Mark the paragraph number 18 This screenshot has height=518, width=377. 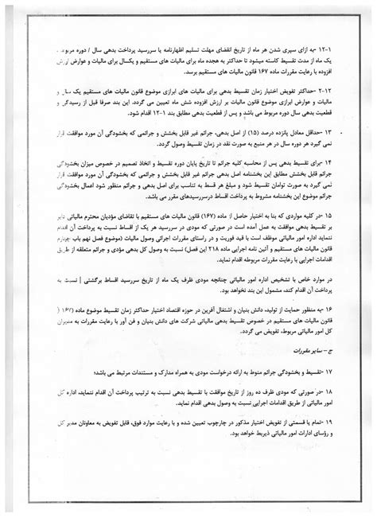[340, 391]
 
